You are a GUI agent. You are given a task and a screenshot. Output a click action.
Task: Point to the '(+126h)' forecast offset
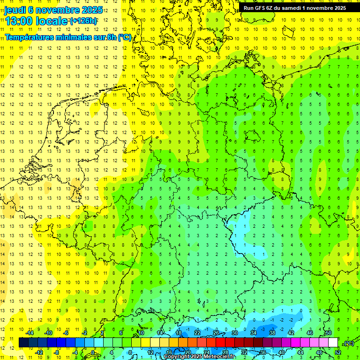[x=83, y=21]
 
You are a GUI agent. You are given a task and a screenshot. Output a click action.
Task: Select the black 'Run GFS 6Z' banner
[x=295, y=7]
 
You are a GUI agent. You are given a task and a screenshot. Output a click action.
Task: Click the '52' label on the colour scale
[x=338, y=352]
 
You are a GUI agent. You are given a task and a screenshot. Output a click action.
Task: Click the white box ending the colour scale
[x=333, y=342]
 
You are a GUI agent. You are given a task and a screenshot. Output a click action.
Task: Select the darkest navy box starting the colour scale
[x=23, y=342]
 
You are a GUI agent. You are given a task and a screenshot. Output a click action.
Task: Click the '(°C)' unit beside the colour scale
[x=348, y=343]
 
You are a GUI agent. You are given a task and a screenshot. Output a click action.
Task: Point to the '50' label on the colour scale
[x=328, y=332]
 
